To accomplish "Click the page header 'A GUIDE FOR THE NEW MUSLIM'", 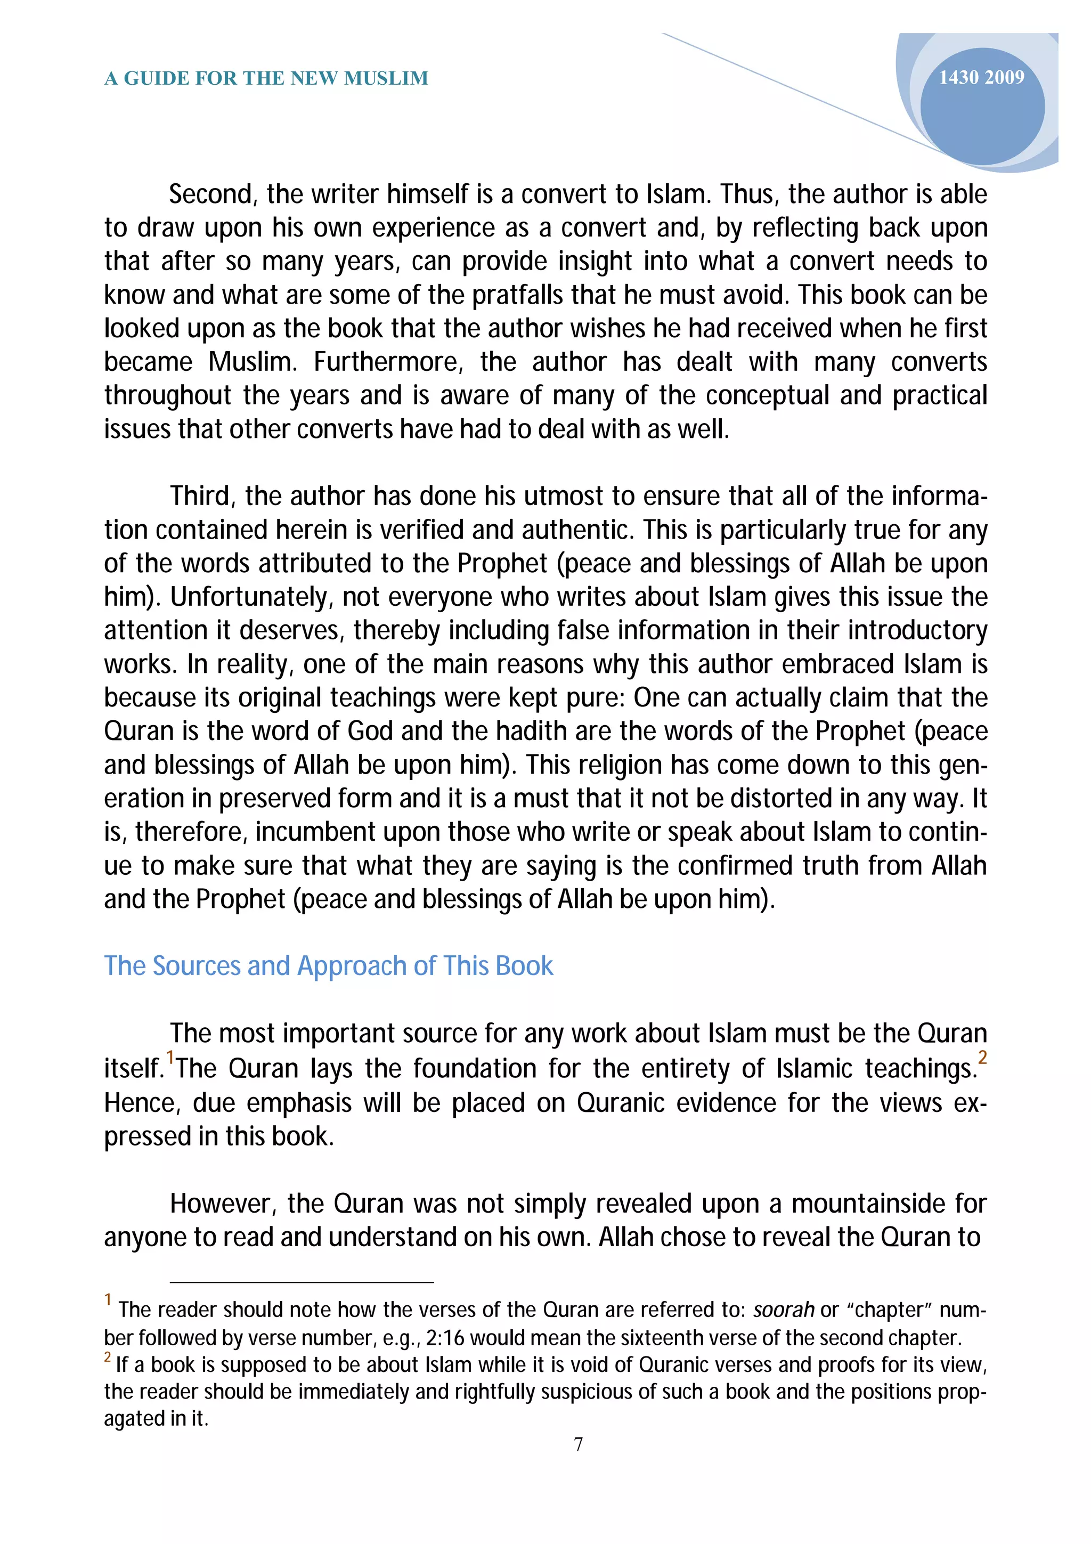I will [266, 79].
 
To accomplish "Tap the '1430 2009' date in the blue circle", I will [981, 78].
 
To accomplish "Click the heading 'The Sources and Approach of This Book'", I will [328, 966].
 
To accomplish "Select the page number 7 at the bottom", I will [578, 1444].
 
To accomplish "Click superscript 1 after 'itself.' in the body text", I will [170, 1057].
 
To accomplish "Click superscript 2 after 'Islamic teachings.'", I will [982, 1057].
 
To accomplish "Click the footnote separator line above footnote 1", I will [302, 1282].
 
